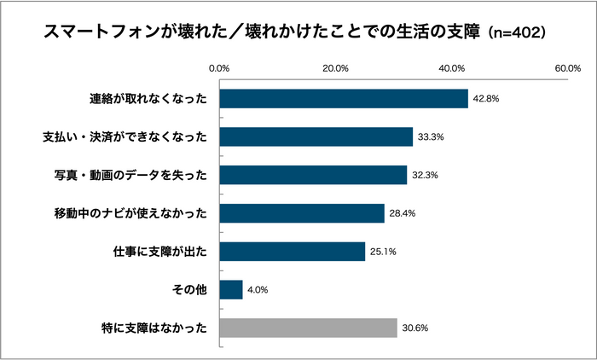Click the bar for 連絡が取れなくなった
coord(344,98)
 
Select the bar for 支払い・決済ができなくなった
coord(316,136)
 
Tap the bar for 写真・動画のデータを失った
coord(313,175)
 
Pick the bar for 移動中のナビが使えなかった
coord(302,213)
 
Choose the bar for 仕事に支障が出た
coord(293,252)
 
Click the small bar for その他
coord(231,290)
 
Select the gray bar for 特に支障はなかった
coord(309,328)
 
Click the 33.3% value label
coord(431,137)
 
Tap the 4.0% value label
coord(258,291)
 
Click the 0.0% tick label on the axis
coord(220,68)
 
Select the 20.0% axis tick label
coord(336,68)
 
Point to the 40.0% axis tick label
coord(452,68)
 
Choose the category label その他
coord(190,290)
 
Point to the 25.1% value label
coord(383,253)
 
